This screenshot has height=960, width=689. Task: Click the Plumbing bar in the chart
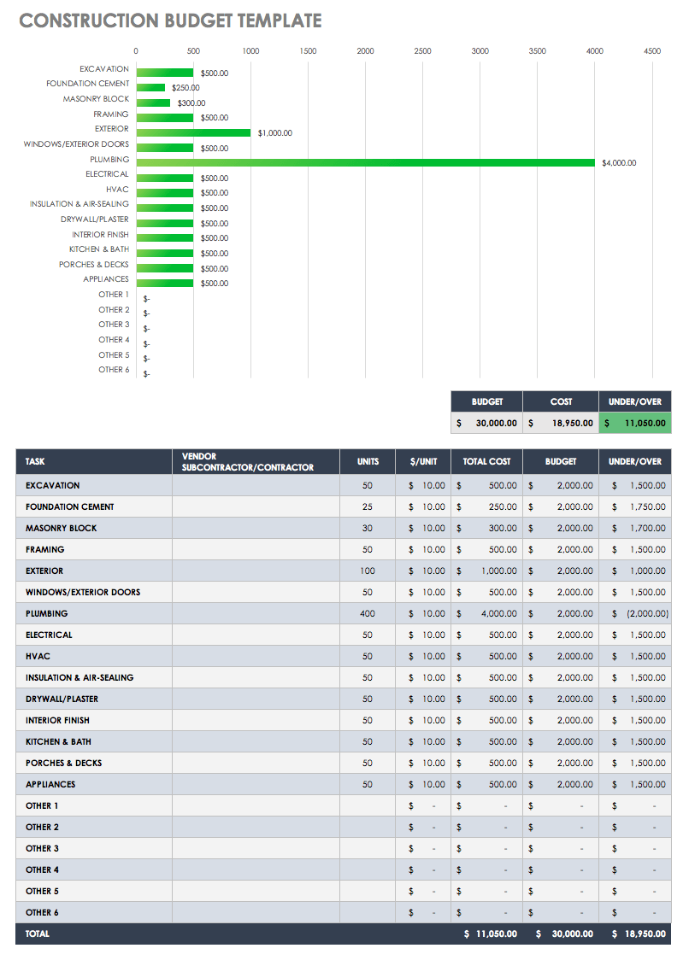pos(365,162)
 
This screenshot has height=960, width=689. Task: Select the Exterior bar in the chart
pos(193,132)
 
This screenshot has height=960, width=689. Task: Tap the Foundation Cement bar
pos(150,87)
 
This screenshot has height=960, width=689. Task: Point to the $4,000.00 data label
pos(619,163)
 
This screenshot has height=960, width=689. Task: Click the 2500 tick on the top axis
pos(422,51)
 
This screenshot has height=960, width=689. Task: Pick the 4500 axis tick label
pos(651,51)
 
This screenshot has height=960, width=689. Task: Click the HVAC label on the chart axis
pos(117,190)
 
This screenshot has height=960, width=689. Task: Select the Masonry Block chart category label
pos(96,99)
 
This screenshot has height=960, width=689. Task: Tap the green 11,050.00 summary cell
pos(634,423)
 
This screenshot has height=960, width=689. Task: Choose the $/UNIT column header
pos(423,461)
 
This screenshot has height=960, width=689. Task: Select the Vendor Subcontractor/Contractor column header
pos(247,462)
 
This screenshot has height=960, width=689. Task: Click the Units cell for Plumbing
pos(368,613)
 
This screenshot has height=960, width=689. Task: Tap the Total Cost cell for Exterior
pos(486,571)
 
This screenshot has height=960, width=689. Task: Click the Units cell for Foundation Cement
pos(368,506)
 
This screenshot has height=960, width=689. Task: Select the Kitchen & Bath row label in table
pos(58,741)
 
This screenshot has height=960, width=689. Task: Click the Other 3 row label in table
pos(42,848)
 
